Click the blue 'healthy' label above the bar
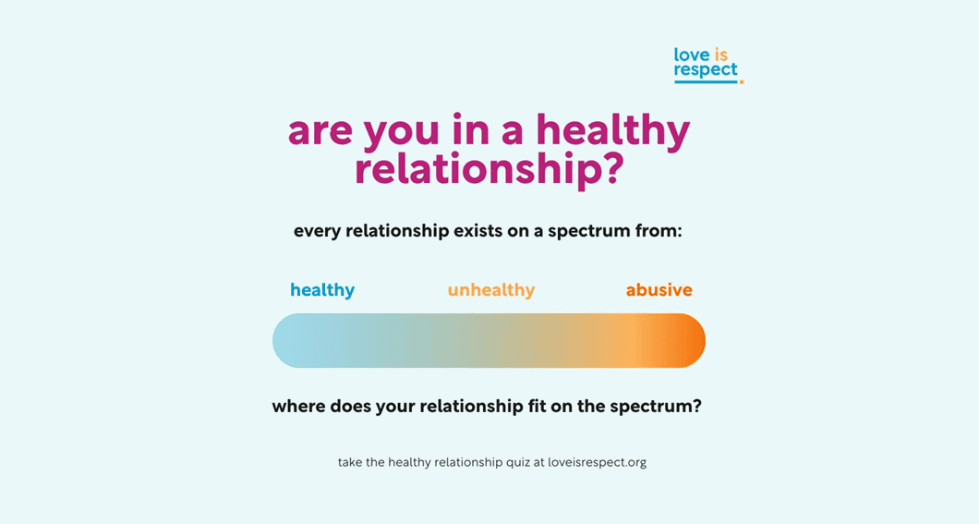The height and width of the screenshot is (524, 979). (x=322, y=290)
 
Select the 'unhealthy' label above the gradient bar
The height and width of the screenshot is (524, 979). (x=491, y=290)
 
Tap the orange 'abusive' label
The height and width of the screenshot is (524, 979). (x=659, y=290)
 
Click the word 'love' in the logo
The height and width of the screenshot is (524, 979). (x=692, y=55)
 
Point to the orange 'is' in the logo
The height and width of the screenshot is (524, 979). (x=721, y=55)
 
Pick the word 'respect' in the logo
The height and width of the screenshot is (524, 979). (x=706, y=70)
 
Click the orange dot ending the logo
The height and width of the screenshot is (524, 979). (x=741, y=82)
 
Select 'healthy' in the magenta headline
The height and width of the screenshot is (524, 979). (x=613, y=131)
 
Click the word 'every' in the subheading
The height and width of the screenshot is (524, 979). (x=317, y=232)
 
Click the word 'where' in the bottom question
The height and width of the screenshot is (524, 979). (x=298, y=407)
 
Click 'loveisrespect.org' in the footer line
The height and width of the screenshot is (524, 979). (x=597, y=463)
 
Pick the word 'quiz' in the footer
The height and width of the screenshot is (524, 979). (x=518, y=463)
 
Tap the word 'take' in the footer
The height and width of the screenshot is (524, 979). (x=350, y=463)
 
